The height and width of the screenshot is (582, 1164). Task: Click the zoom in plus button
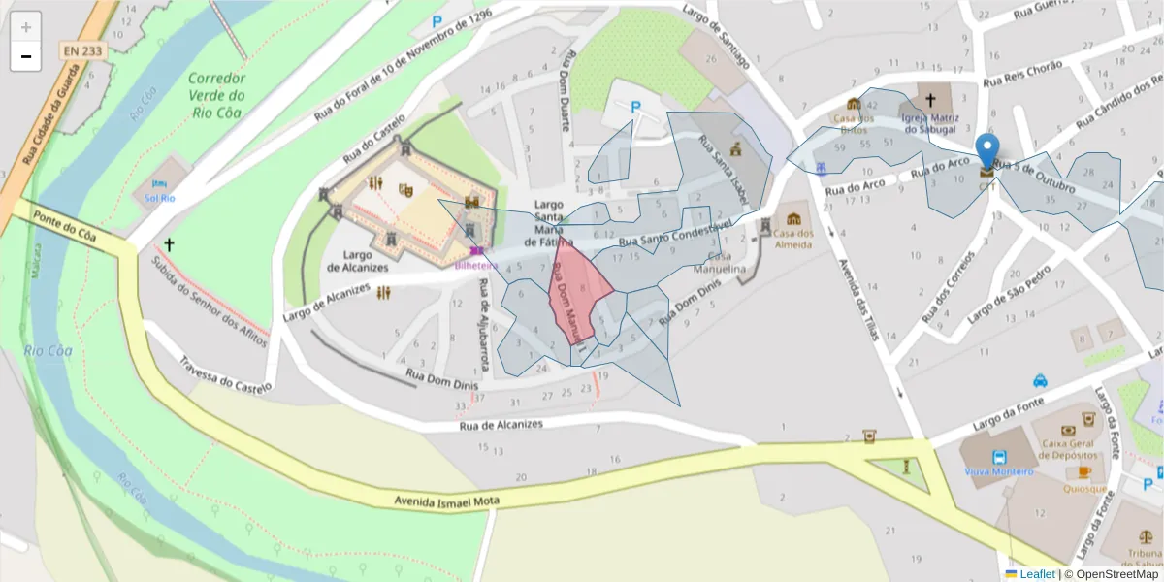(x=25, y=27)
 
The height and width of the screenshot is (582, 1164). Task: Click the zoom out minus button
(x=25, y=56)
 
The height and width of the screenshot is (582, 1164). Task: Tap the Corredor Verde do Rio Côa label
(x=216, y=95)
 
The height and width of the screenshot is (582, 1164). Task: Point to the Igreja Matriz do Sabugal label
(x=930, y=122)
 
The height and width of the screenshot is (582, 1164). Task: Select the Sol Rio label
(x=159, y=198)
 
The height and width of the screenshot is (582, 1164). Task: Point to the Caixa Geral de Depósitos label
(x=1067, y=448)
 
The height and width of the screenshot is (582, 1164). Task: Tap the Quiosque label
(x=1084, y=489)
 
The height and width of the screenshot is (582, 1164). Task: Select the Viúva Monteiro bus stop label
(x=998, y=471)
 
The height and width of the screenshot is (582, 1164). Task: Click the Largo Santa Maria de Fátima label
(x=548, y=223)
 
